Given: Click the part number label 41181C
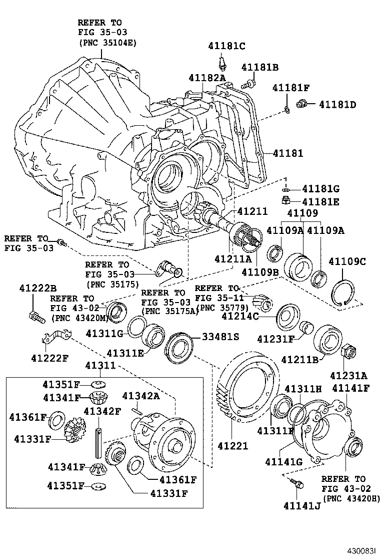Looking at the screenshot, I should (226, 47).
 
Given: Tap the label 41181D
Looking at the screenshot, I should (337, 105).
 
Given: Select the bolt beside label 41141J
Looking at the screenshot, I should (295, 484).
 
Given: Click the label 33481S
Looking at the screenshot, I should (220, 337).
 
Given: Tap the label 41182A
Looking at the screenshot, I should (207, 78).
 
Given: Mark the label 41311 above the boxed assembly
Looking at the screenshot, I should (100, 365).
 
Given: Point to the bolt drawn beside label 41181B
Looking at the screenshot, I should (249, 81).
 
